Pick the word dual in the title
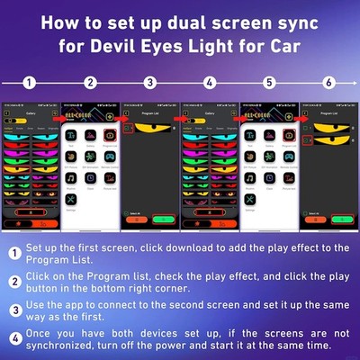[x=194, y=20]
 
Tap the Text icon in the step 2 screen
[x=71, y=135]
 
